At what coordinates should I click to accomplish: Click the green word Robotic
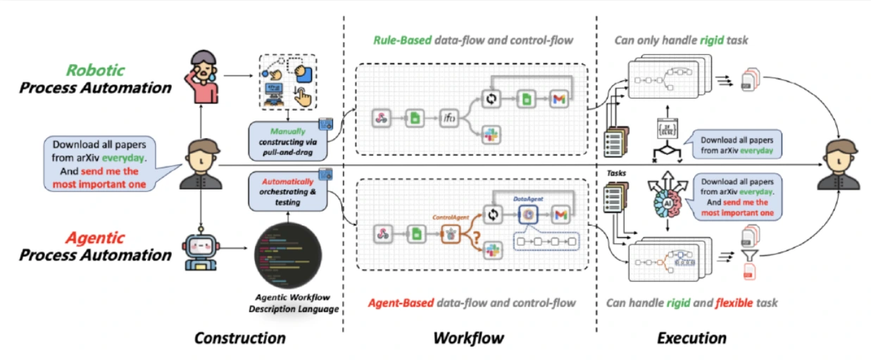pos(95,70)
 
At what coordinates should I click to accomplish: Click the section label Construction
pos(240,338)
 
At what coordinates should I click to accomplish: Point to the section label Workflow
pos(468,338)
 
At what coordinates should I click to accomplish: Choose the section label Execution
pos(691,338)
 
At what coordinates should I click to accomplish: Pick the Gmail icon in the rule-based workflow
pos(558,101)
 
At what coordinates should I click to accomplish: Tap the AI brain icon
pos(663,202)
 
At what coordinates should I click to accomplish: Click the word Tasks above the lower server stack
pos(617,173)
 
